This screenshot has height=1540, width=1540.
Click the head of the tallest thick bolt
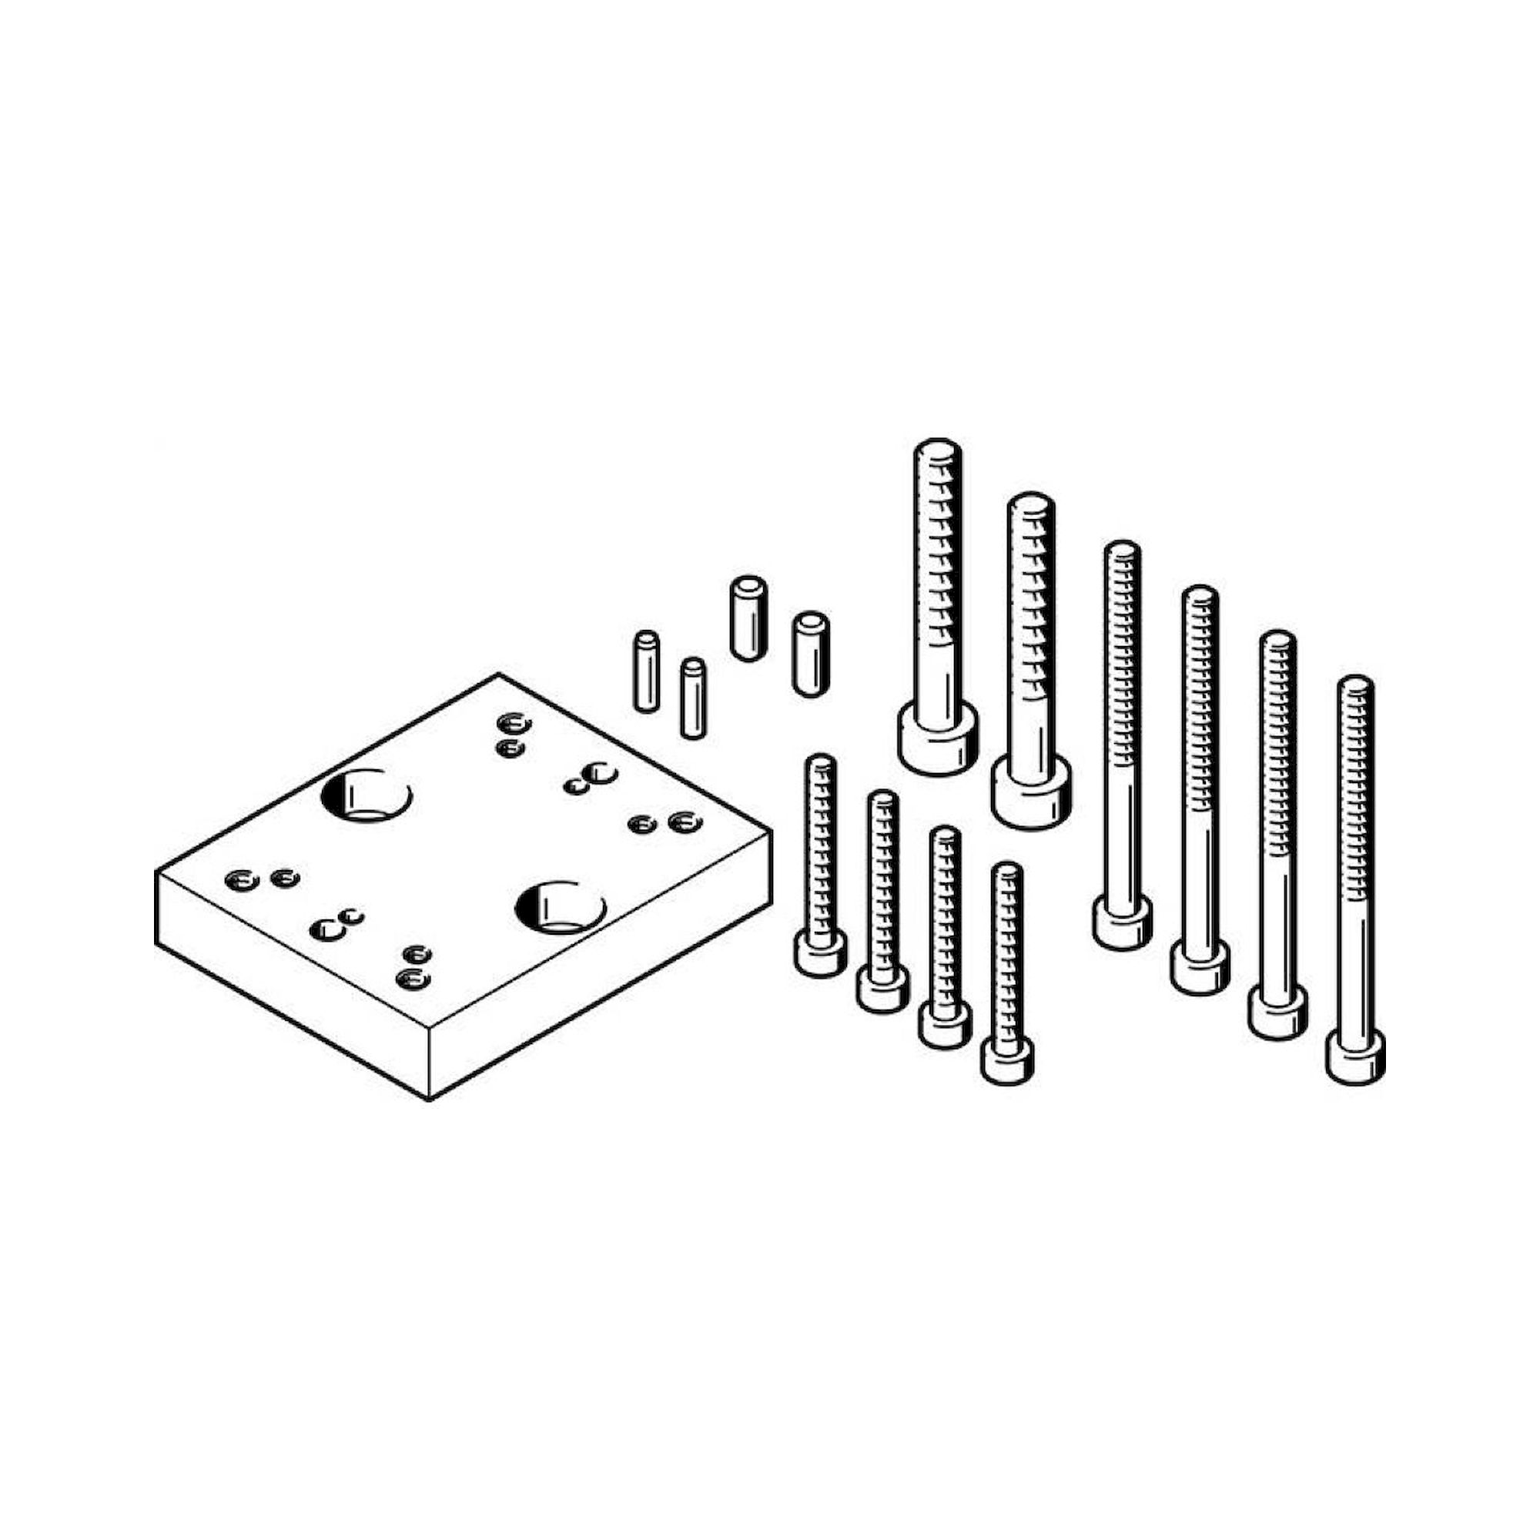938,738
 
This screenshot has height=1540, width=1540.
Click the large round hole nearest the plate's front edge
561,907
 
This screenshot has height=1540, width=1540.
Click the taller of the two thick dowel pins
748,618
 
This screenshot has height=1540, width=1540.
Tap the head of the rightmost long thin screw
1355,1059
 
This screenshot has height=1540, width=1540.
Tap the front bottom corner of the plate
430,1100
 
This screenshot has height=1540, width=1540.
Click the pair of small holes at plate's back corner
512,734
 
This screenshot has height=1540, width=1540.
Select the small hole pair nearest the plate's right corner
663,823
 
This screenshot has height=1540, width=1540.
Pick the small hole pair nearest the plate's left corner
262,879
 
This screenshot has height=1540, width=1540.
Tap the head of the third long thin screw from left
1277,1015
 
